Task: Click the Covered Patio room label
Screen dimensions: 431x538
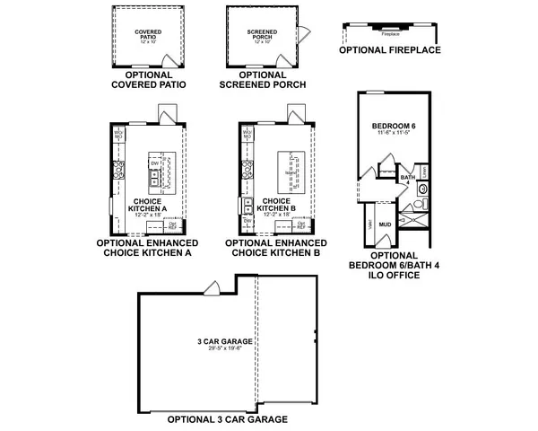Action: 149,34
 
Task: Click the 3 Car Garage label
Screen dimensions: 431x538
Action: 224,342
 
